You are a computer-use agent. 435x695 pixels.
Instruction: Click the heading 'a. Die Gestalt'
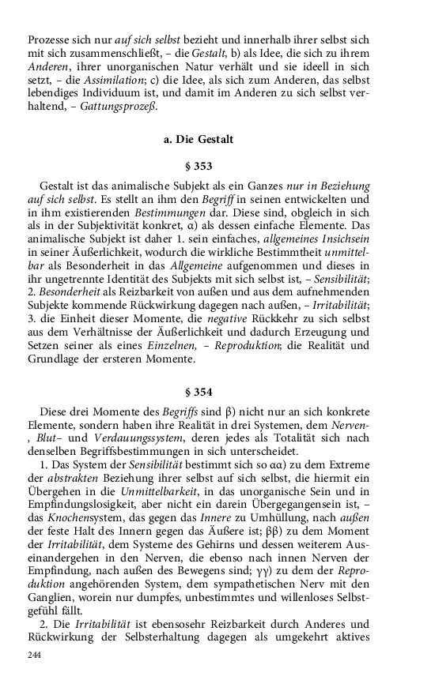coord(198,140)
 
